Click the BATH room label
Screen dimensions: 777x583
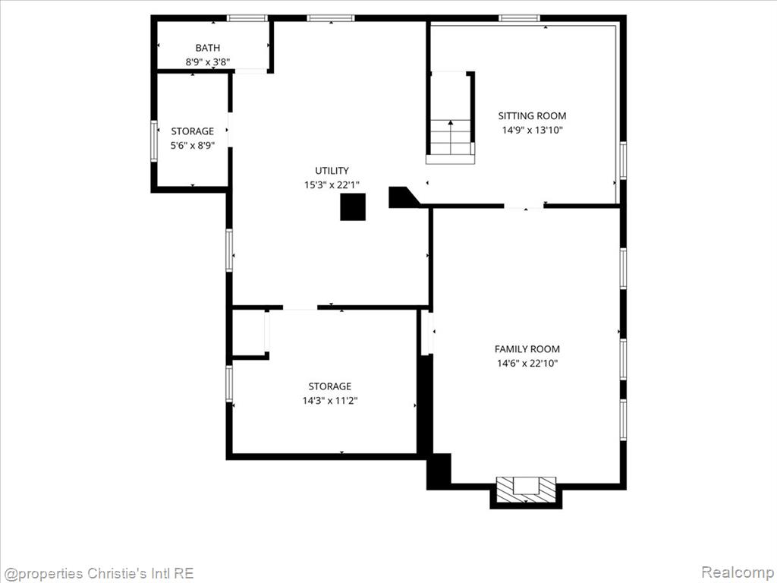pos(208,48)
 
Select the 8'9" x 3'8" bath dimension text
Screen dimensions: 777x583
pos(208,62)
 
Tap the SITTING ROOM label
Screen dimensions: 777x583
pos(532,116)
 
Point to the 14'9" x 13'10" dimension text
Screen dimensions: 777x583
pos(532,131)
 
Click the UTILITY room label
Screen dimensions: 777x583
pos(332,171)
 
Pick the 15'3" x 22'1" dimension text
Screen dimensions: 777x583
pos(332,185)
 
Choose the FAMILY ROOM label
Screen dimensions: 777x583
pos(527,349)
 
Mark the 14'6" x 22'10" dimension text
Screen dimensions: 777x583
pos(527,364)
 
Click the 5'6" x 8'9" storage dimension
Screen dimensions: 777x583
pos(193,146)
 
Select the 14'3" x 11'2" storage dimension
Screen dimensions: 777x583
pos(330,401)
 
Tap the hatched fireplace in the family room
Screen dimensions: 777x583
pos(527,490)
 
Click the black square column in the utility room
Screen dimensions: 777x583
pos(353,206)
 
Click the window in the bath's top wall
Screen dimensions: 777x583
pos(247,18)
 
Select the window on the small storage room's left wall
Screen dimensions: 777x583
pos(154,141)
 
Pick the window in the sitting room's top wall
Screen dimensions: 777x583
pos(519,18)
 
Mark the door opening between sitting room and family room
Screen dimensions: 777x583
pos(524,206)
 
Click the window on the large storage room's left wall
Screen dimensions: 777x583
pos(229,383)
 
